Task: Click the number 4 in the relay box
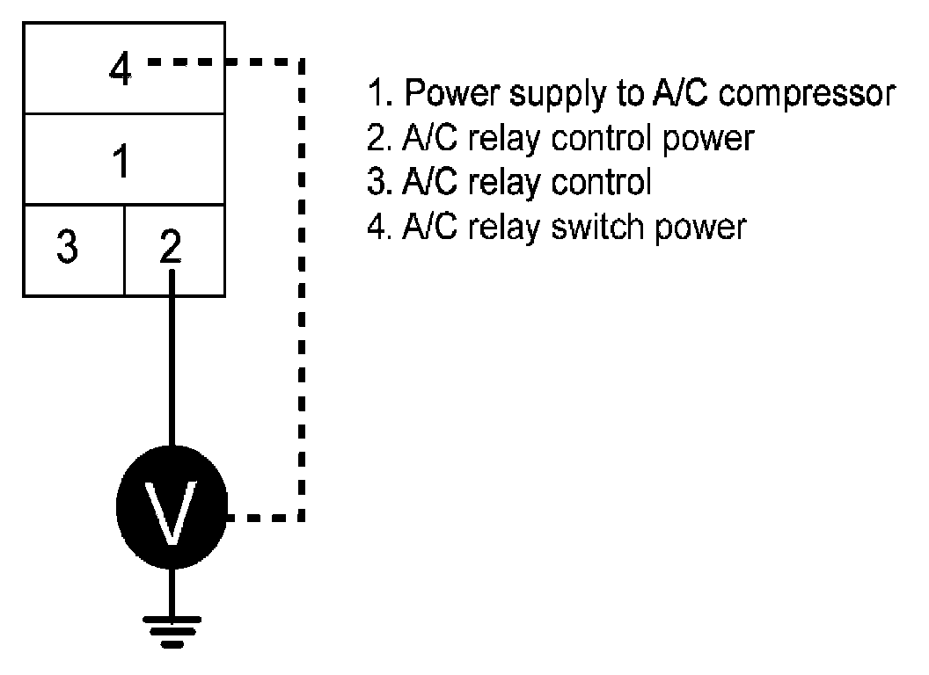tap(121, 70)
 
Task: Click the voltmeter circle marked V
tap(172, 512)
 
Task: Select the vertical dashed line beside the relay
tap(302, 290)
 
